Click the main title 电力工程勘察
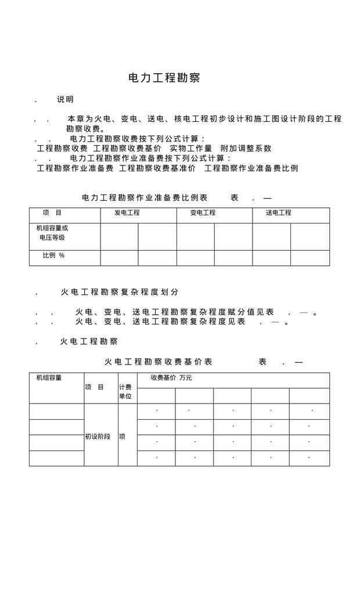164,78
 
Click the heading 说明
65,99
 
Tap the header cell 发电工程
127,213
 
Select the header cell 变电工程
203,213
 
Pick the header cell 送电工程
279,213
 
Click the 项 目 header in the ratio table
52,213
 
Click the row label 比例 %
53,255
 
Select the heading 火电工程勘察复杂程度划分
120,292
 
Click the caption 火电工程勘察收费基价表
159,362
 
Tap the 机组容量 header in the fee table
49,378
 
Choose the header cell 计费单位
125,391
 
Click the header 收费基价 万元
171,378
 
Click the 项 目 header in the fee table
95,387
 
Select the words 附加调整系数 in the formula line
246,148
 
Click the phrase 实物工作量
187,148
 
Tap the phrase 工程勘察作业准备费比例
251,168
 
